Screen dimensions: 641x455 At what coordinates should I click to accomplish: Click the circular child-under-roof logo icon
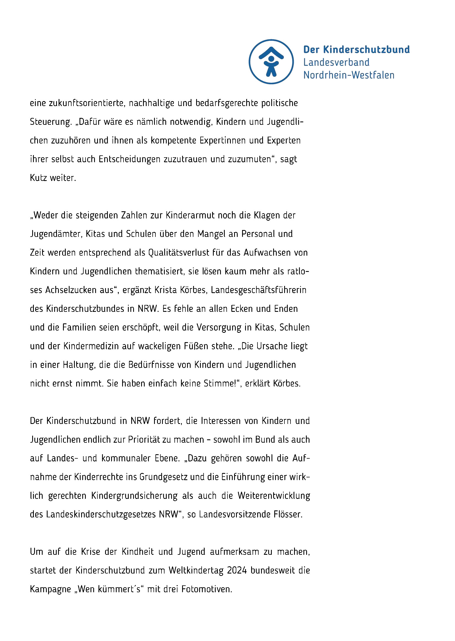tap(271, 61)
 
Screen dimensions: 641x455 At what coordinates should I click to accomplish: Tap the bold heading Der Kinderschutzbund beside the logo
tap(356, 50)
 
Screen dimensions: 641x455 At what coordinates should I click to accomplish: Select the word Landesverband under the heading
tap(336, 62)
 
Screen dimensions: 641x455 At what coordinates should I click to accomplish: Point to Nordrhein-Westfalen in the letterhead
tap(349, 75)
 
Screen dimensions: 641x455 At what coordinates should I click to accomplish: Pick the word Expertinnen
tap(223, 140)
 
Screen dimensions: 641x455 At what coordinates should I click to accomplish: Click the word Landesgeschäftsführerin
tap(258, 290)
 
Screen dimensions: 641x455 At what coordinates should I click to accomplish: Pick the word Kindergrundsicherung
tap(134, 496)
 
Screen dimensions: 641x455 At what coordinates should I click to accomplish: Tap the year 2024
tap(237, 570)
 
